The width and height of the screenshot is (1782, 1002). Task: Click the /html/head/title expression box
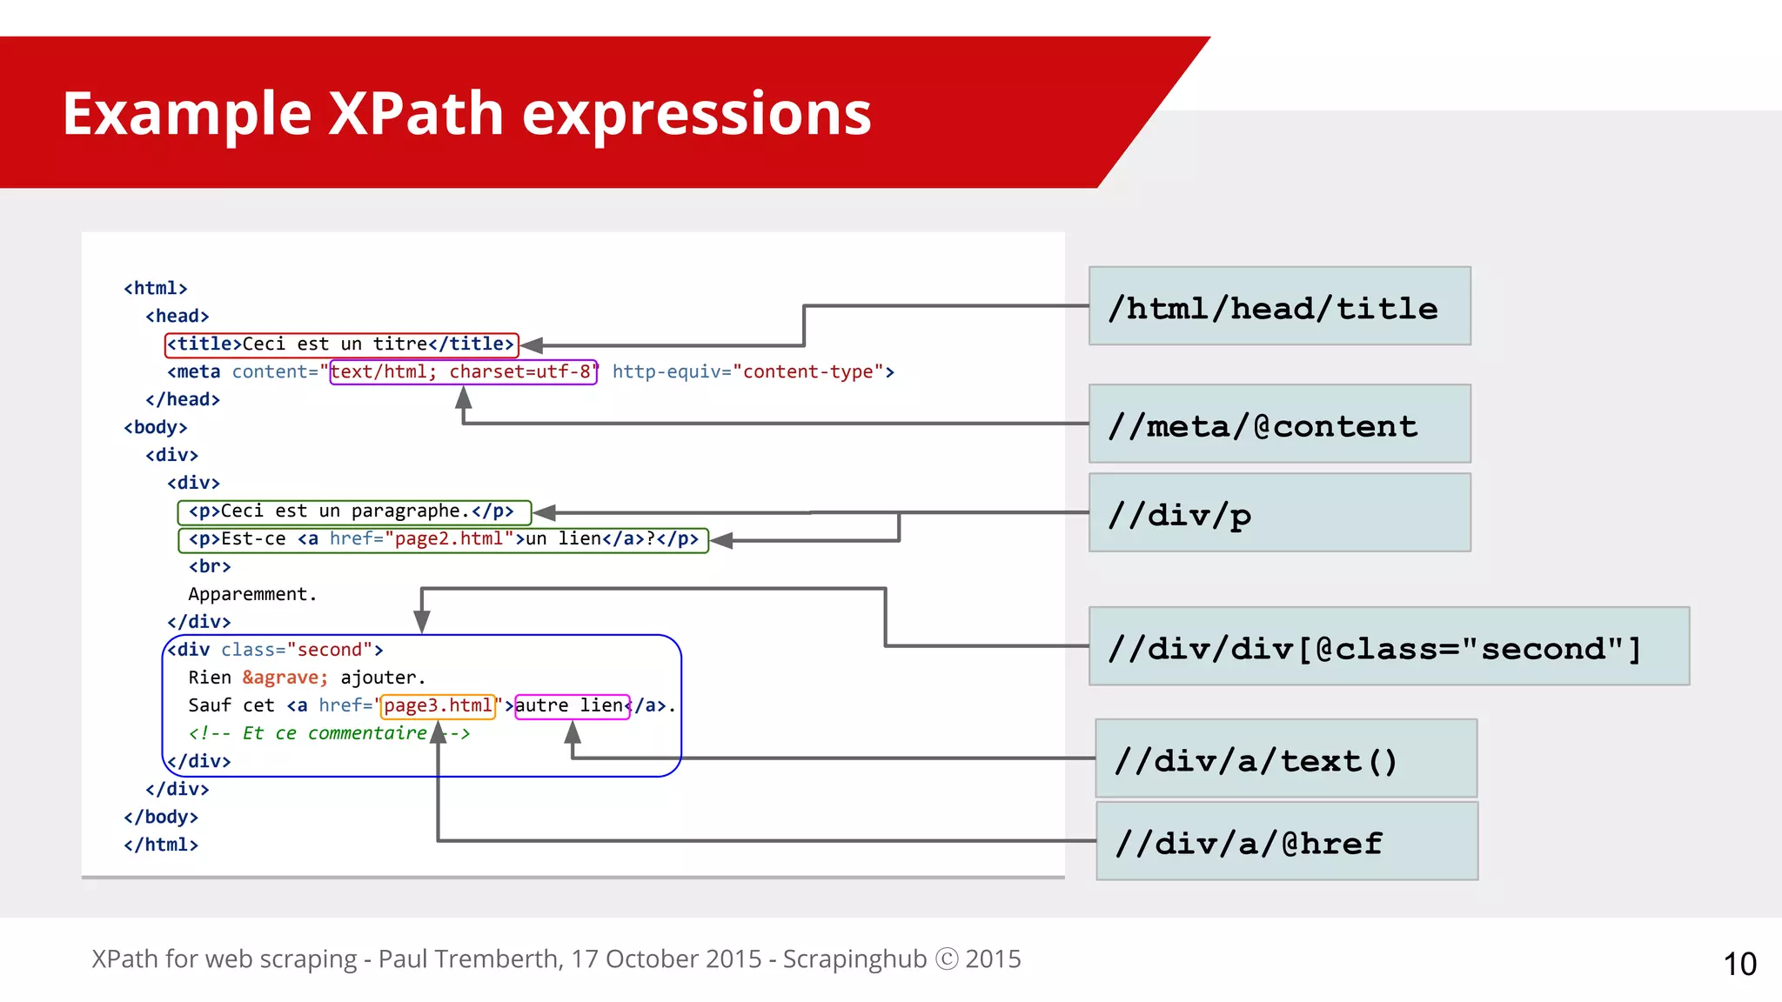[x=1279, y=306]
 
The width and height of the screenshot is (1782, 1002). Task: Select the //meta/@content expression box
[x=1279, y=424]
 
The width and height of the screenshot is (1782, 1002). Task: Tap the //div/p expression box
[x=1279, y=512]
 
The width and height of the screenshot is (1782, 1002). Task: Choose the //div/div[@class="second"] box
[x=1389, y=646]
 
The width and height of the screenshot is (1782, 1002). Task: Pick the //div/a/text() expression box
[x=1285, y=758]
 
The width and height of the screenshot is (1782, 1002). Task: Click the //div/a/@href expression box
[x=1285, y=841]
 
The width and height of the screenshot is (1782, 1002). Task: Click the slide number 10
[x=1739, y=964]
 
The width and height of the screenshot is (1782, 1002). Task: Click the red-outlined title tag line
[x=341, y=344]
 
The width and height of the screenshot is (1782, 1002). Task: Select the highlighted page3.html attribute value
[x=438, y=705]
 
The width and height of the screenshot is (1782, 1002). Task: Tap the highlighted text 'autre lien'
[x=571, y=705]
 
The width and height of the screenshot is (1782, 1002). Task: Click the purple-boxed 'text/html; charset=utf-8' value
[x=462, y=372]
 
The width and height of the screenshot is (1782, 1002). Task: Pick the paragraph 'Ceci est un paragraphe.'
[x=352, y=511]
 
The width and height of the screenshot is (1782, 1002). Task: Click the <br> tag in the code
[x=210, y=567]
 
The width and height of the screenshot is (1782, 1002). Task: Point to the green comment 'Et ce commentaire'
[x=334, y=733]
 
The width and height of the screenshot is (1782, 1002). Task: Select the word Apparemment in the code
[x=249, y=595]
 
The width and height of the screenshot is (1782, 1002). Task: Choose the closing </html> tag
[x=161, y=845]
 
